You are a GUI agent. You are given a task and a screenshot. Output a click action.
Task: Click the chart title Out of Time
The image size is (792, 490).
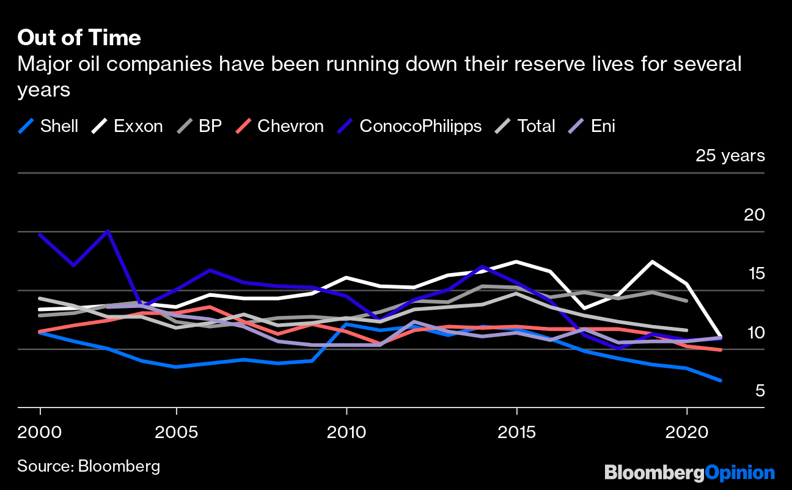(79, 38)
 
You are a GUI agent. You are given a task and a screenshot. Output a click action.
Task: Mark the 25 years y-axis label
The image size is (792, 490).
(730, 156)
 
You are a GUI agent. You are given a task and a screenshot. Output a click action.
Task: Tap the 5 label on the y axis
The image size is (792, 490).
(760, 390)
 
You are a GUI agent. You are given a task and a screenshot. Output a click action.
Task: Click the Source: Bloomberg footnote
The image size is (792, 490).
(89, 466)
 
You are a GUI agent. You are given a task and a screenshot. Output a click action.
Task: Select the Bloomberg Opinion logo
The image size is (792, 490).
(689, 472)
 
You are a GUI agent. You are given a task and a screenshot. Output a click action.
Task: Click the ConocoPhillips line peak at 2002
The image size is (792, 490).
(108, 231)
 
